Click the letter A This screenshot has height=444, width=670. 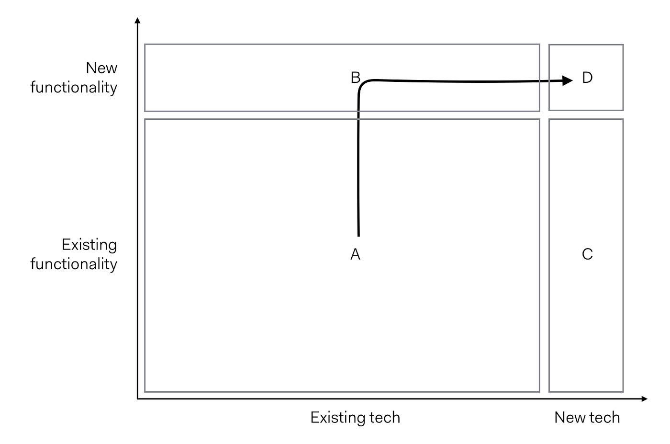coord(355,254)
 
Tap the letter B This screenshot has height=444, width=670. coord(355,78)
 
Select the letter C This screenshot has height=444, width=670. coord(587,254)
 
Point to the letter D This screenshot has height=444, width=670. coord(587,78)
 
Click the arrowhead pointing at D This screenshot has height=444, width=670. coord(568,80)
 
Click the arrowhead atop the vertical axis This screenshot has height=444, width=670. coord(138,21)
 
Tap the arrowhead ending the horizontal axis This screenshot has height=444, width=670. coord(644,398)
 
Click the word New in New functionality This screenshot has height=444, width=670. coord(101,68)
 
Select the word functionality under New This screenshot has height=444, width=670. coord(74,88)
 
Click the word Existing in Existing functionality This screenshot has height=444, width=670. coord(89,245)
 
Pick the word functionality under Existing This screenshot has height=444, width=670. coord(74,264)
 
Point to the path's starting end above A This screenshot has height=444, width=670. coord(358,235)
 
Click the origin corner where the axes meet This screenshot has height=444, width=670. coord(138,398)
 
